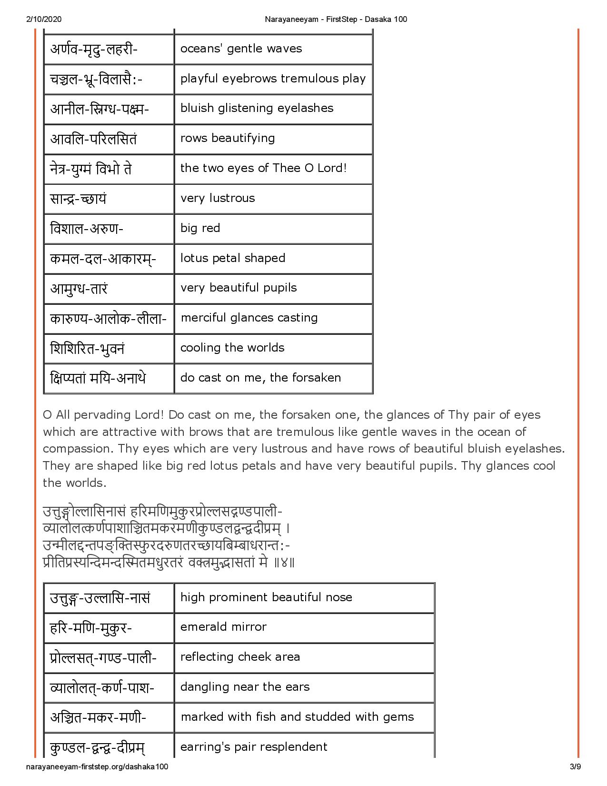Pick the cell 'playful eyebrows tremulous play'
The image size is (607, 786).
[273, 79]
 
